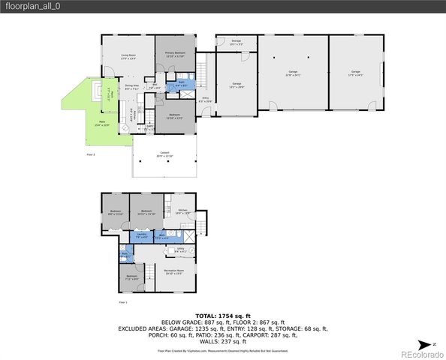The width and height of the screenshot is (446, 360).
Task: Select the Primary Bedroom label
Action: (x=175, y=54)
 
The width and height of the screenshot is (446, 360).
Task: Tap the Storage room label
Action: (x=236, y=42)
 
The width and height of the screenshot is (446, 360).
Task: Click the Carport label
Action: (x=164, y=154)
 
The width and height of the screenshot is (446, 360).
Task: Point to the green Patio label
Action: (x=101, y=122)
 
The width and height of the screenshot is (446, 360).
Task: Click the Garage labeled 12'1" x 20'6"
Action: (x=237, y=85)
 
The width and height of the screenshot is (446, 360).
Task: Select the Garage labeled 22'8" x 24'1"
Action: (x=292, y=73)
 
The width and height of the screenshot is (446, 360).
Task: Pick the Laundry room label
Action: (x=140, y=235)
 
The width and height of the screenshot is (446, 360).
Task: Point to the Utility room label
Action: (x=180, y=250)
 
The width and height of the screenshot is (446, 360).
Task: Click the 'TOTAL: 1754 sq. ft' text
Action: (x=222, y=316)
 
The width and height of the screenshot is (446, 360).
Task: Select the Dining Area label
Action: (x=132, y=86)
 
